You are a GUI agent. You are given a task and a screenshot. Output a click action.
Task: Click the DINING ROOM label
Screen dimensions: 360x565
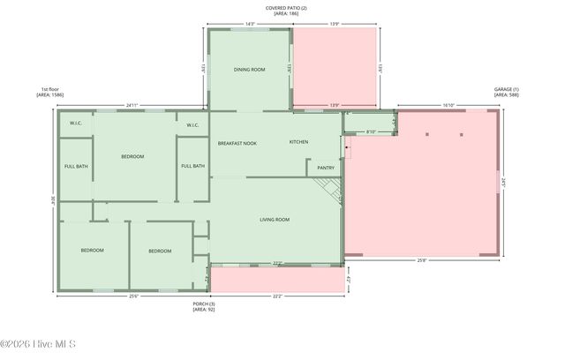pyautogui.click(x=249, y=69)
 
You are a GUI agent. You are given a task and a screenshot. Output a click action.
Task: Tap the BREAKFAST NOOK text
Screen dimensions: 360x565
pyautogui.click(x=237, y=142)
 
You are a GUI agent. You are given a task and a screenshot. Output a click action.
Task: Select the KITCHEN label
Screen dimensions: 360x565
pyautogui.click(x=299, y=142)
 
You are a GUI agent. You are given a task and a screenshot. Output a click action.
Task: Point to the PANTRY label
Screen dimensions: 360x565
pyautogui.click(x=326, y=167)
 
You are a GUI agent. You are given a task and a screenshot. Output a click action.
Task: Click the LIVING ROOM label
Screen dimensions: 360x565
pyautogui.click(x=275, y=219)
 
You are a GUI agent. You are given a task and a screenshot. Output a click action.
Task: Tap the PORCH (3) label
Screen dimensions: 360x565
pyautogui.click(x=204, y=305)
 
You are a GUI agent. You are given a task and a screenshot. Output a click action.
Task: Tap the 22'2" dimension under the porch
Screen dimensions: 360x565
pyautogui.click(x=277, y=297)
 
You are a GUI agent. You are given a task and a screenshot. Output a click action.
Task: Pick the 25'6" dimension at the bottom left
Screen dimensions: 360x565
pyautogui.click(x=133, y=296)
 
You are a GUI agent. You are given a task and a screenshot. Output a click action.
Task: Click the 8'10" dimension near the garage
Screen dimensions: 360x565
pyautogui.click(x=372, y=132)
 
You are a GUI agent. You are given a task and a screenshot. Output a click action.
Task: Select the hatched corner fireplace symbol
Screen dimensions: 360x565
pyautogui.click(x=328, y=187)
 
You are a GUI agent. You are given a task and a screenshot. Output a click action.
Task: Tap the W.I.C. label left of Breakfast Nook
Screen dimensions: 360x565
pyautogui.click(x=193, y=124)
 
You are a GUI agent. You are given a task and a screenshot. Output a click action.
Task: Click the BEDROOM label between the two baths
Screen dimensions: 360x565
pyautogui.click(x=132, y=156)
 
